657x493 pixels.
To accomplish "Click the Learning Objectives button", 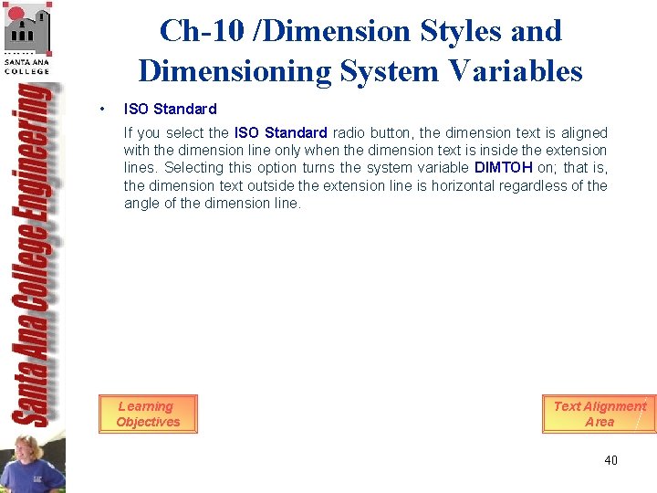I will click(148, 414).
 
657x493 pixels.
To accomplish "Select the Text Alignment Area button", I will click(600, 414).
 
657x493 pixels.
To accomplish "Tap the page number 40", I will click(610, 460).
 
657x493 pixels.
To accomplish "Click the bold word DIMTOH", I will click(504, 168).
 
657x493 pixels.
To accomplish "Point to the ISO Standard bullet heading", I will click(170, 110).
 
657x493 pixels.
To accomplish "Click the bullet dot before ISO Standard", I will click(107, 110).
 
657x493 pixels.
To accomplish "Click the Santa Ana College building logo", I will click(27, 37).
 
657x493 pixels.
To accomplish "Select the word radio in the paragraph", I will click(348, 132).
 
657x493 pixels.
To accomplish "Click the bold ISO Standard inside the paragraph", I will click(280, 132).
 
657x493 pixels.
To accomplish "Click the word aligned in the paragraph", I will click(583, 132).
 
